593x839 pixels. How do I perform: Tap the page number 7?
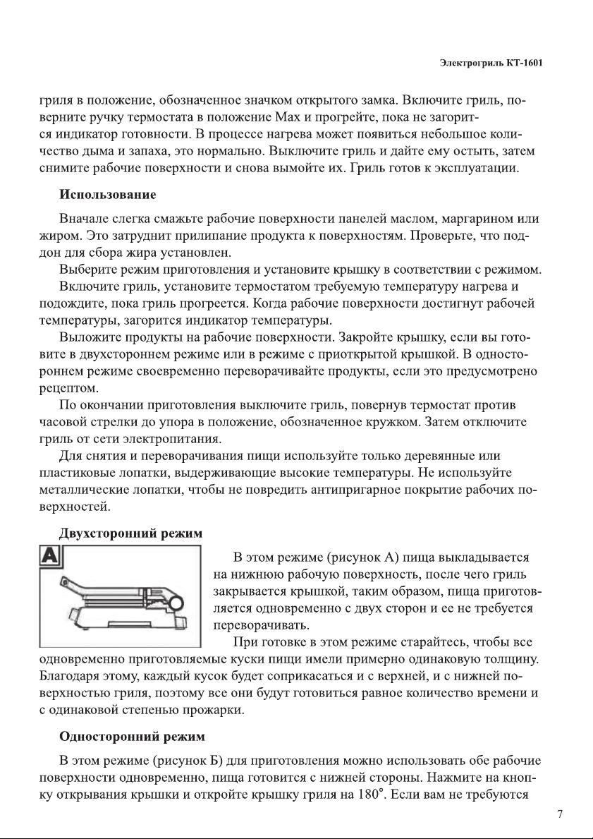[560, 814]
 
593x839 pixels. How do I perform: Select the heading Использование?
[108, 193]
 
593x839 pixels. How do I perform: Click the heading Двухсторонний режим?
[131, 534]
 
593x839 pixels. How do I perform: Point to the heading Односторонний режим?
[132, 737]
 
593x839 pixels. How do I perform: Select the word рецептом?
[68, 388]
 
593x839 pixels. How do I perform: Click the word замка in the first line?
[366, 99]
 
